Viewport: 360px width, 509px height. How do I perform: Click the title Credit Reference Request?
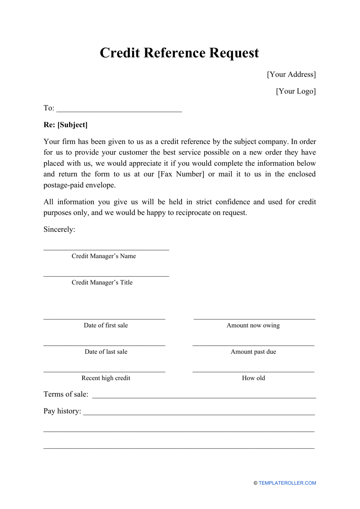click(179, 53)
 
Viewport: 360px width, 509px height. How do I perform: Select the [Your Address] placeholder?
click(291, 74)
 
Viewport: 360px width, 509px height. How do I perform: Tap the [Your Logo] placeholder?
click(296, 91)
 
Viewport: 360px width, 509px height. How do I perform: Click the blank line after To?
click(119, 110)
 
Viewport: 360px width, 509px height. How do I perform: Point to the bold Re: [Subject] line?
click(66, 125)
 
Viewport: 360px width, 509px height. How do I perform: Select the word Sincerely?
click(59, 229)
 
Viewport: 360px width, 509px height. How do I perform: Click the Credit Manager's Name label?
click(103, 256)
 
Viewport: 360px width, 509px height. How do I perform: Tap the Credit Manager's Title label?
click(102, 282)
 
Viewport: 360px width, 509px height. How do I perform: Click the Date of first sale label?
click(106, 325)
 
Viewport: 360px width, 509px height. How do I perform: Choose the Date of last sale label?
click(106, 352)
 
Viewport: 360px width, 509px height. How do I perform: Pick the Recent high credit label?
click(106, 378)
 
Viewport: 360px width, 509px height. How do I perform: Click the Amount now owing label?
click(253, 325)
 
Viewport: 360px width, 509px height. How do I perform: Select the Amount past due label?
click(253, 352)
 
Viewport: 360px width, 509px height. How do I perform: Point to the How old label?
click(254, 378)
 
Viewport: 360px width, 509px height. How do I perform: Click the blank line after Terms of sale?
click(204, 396)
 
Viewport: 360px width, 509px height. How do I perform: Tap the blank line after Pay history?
click(199, 413)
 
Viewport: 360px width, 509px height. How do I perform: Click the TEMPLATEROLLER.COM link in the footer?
click(287, 483)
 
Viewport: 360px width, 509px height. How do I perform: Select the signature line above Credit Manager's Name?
click(106, 249)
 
